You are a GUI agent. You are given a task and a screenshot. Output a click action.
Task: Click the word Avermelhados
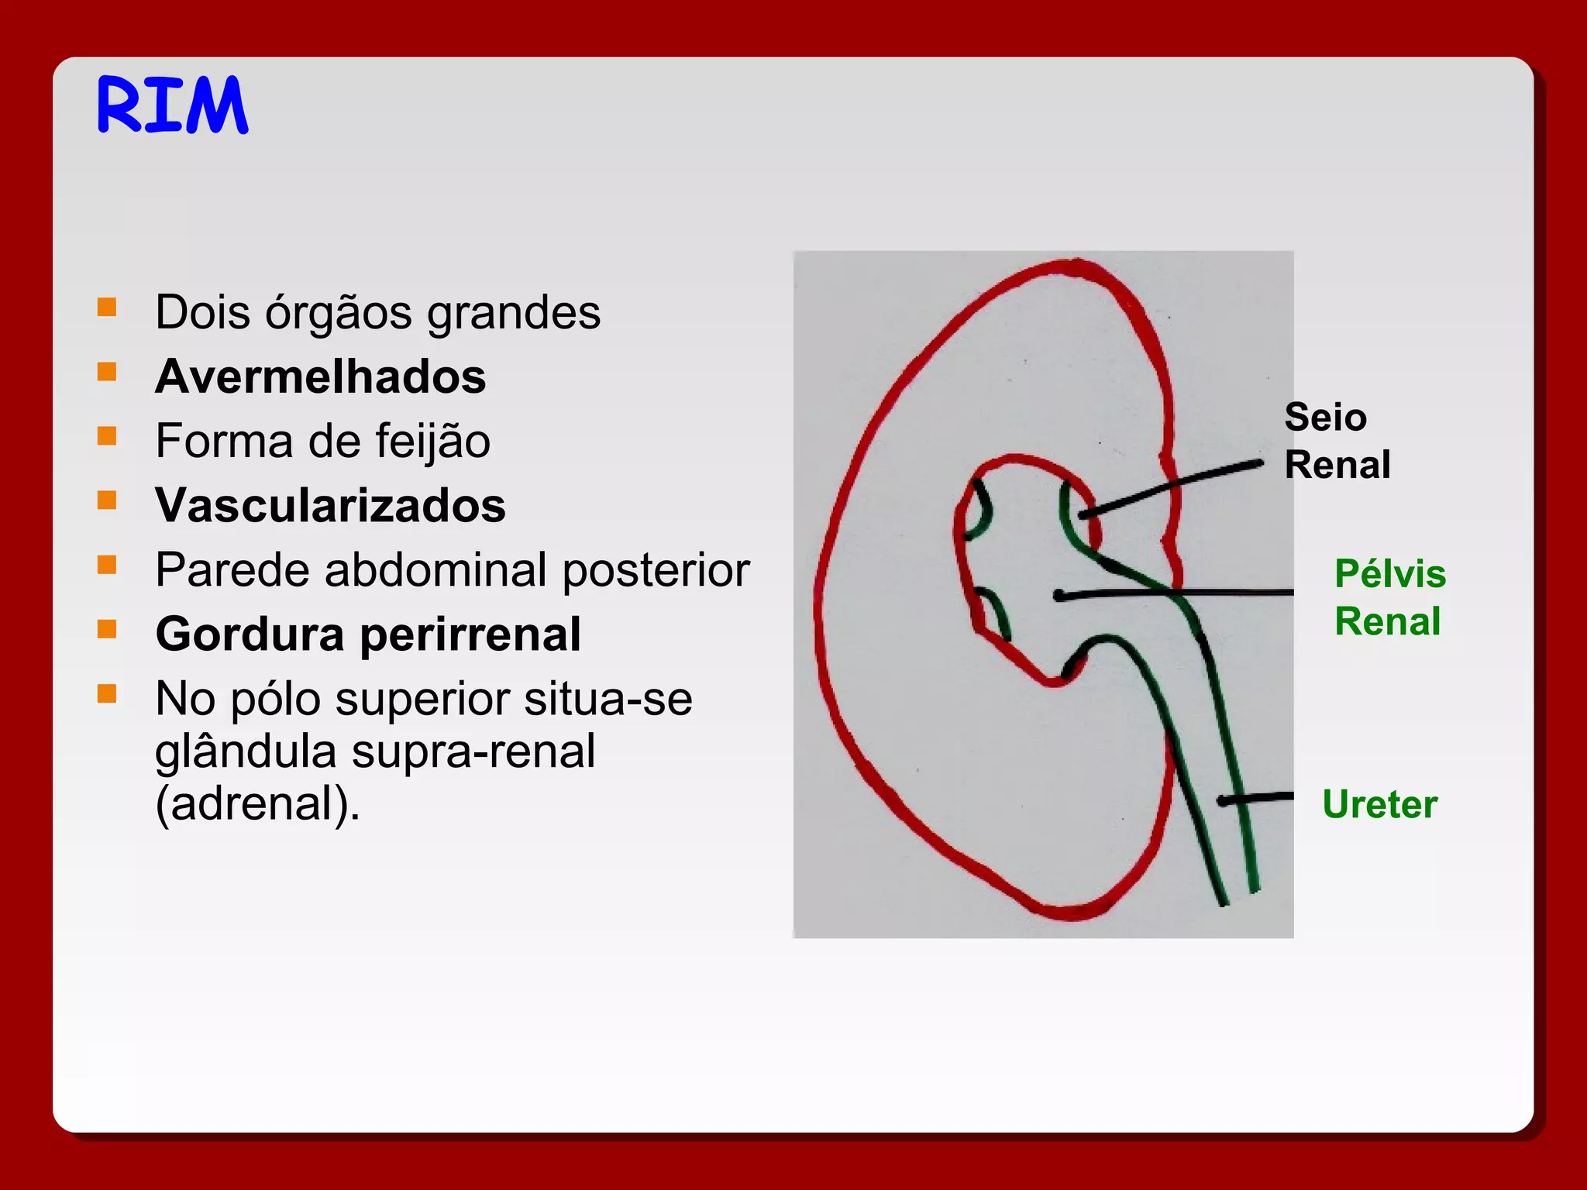320,377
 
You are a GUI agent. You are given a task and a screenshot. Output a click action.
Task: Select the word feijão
432,442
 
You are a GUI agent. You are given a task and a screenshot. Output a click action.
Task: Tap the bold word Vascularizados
330,506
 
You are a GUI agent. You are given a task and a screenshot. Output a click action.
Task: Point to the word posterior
656,570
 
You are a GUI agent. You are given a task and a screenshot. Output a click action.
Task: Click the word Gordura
250,635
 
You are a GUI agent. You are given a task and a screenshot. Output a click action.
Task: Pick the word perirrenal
470,635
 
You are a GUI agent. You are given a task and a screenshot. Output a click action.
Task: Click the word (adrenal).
257,803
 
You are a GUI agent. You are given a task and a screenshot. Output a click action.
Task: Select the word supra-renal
473,751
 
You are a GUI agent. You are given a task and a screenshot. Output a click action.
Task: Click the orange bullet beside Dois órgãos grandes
107,308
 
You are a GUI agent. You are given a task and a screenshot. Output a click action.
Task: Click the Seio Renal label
1337,441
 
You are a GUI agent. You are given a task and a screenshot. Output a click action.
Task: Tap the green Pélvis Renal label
1389,597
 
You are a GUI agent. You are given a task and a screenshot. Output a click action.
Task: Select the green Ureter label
1379,804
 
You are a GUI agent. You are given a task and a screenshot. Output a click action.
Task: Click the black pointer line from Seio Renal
1170,489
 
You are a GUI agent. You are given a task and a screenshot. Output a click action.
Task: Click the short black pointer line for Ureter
1255,798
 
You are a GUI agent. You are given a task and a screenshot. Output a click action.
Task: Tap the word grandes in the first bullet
513,313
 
